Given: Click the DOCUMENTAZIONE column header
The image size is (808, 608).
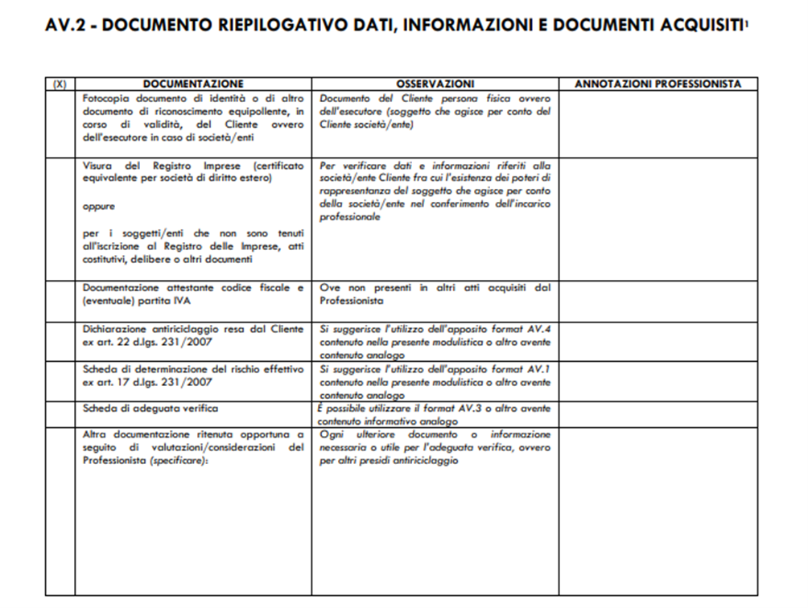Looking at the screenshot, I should tap(193, 84).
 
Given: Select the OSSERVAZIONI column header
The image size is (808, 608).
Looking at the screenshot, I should tap(435, 84).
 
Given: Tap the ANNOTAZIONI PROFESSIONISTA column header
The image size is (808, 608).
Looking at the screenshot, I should tap(658, 84).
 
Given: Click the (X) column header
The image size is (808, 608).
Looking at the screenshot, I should tap(60, 84).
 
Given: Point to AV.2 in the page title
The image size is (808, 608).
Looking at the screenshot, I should tap(69, 27).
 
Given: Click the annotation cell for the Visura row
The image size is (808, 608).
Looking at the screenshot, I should tap(658, 219).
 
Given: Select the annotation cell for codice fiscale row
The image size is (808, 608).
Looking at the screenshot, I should tap(658, 301).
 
